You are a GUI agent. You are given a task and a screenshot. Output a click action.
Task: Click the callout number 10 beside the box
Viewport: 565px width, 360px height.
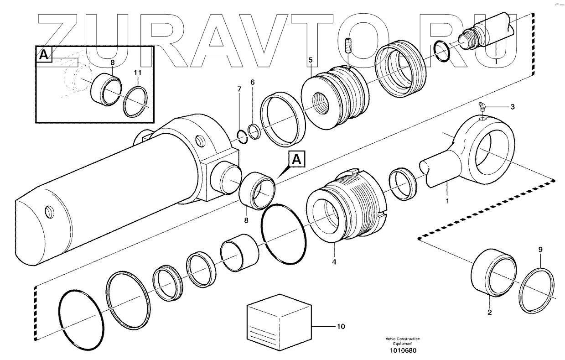coord(341,327)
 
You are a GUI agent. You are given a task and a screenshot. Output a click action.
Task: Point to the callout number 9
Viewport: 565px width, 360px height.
coord(540,250)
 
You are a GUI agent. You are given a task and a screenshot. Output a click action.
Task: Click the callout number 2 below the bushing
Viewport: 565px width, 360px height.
coord(489,313)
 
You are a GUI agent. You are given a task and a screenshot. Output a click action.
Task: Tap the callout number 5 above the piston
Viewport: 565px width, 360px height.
coord(310,60)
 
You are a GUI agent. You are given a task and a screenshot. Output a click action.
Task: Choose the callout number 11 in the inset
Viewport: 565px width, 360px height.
coord(137,73)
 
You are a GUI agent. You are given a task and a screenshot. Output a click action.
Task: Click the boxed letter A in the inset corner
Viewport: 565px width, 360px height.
coord(43,55)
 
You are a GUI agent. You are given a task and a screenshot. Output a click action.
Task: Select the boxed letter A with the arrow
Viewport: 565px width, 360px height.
coord(296,160)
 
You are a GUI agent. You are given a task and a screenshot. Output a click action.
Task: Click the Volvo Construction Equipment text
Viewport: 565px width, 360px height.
coord(403,341)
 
